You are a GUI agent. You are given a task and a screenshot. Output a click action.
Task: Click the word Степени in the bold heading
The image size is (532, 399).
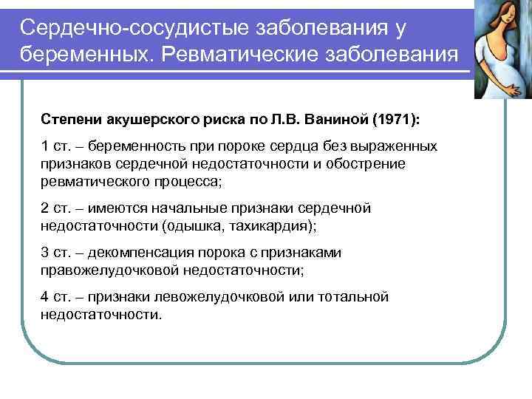(67, 120)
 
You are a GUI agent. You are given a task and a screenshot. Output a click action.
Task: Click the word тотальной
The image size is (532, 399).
(352, 297)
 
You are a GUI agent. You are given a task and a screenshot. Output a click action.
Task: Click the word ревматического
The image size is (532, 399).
(92, 182)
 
